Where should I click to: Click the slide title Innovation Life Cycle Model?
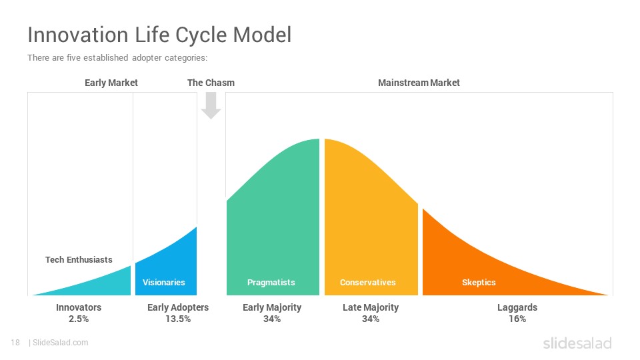click(x=159, y=35)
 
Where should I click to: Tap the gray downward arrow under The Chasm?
click(x=211, y=105)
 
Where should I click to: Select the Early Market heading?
click(x=111, y=83)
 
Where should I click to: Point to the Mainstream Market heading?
click(x=419, y=83)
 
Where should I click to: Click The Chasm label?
click(x=211, y=83)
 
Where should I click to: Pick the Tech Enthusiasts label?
click(x=79, y=259)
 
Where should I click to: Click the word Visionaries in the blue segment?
click(x=164, y=283)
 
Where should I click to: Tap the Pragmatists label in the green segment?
click(x=271, y=283)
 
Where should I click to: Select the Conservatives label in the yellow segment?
click(x=368, y=283)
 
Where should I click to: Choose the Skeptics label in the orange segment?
click(x=479, y=283)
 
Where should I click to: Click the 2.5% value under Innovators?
click(x=79, y=319)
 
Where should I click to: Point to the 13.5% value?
click(x=178, y=319)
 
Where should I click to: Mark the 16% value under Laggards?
click(x=517, y=319)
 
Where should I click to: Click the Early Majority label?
click(x=272, y=307)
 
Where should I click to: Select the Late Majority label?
click(x=371, y=307)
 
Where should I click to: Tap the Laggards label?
click(x=517, y=307)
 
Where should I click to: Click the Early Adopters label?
click(x=178, y=307)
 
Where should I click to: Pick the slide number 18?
click(x=15, y=343)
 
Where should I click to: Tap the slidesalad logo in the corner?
click(x=577, y=343)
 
